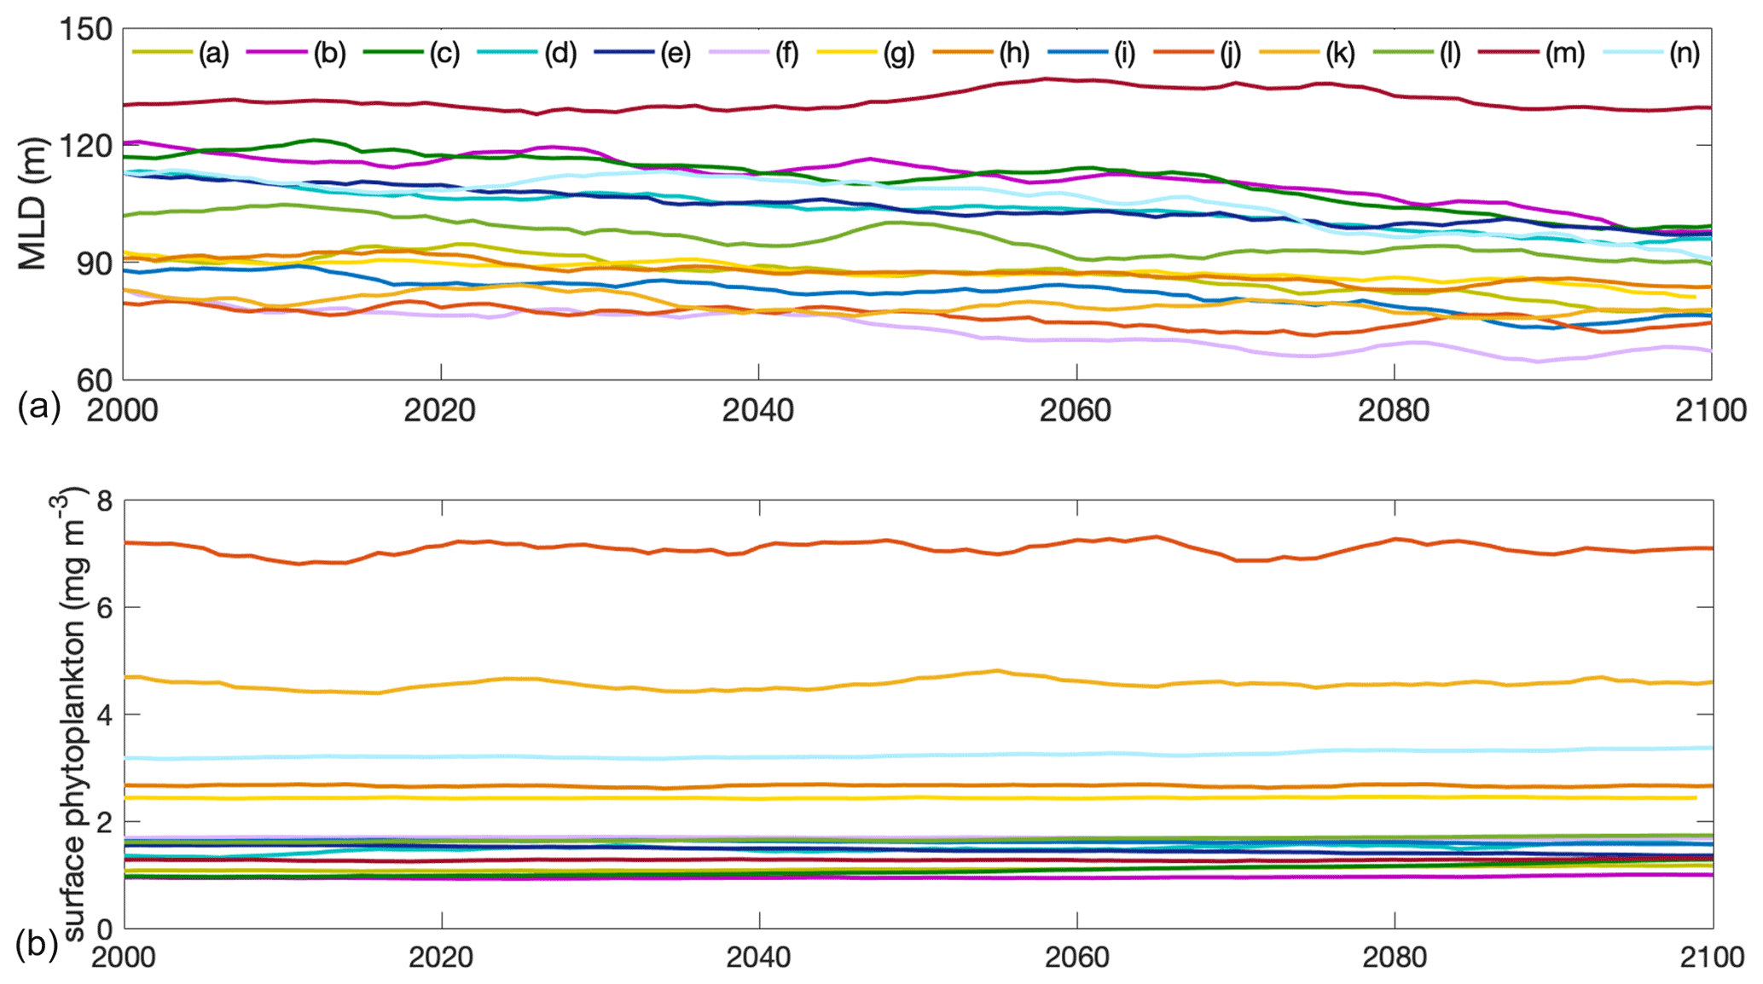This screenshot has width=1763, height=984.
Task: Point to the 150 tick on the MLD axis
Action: [x=85, y=30]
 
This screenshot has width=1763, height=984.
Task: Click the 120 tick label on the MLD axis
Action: [x=85, y=146]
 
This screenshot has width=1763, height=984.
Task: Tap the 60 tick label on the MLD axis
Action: [x=95, y=380]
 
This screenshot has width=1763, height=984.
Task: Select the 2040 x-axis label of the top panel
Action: [x=758, y=411]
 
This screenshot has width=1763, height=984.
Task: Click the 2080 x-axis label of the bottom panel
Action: [x=1395, y=957]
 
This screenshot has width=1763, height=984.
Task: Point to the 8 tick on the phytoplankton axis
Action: [x=104, y=501]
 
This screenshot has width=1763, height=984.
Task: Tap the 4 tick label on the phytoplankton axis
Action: [x=104, y=715]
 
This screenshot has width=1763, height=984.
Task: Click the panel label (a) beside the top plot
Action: [x=39, y=407]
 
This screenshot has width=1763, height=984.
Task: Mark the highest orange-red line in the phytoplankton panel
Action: [x=853, y=542]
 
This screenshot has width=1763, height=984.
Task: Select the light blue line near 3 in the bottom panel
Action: [x=853, y=756]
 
